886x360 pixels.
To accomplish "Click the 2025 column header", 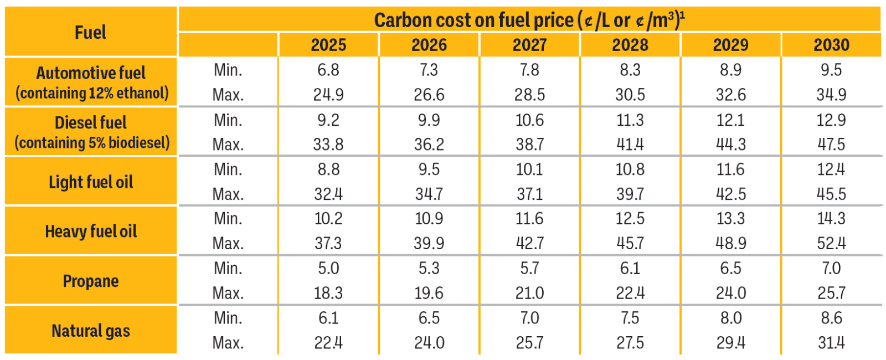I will (328, 45).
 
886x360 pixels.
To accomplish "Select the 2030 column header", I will (831, 45).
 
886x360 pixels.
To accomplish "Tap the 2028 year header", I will (630, 45).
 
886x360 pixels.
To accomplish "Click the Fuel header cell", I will (90, 32).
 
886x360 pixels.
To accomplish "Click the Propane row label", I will (90, 281).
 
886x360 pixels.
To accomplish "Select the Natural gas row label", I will (90, 331).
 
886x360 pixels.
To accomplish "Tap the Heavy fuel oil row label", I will (90, 231).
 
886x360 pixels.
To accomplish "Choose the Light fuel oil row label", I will (90, 182).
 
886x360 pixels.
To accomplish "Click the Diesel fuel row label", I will (90, 122).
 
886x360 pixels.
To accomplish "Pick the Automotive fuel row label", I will (90, 73).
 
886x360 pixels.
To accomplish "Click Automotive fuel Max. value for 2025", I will (328, 95).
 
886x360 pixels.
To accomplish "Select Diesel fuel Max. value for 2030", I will (831, 145).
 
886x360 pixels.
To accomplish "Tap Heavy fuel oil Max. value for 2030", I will (831, 243).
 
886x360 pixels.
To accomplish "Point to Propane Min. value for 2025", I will (328, 268).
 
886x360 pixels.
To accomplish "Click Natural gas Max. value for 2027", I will (529, 343).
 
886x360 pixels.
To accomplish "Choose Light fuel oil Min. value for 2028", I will (630, 169).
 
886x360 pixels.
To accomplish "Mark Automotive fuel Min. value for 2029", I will (730, 70).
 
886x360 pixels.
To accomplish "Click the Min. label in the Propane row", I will (228, 268).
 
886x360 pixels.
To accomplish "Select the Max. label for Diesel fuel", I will (228, 145).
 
